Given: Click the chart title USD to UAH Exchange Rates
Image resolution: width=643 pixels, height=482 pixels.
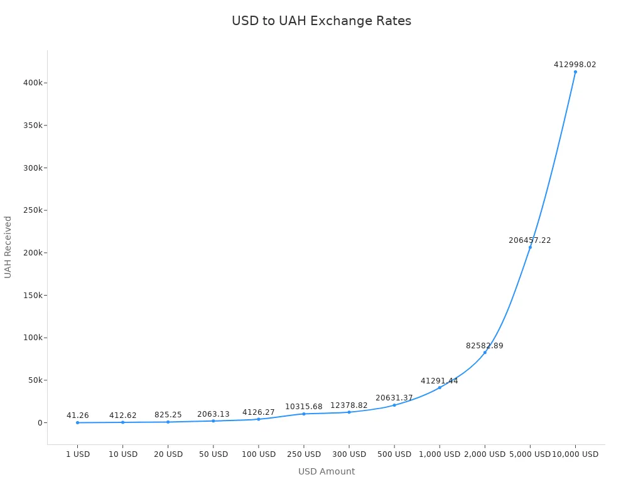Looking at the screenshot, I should (x=321, y=21).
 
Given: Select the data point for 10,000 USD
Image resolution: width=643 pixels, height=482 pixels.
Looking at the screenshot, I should (x=575, y=72).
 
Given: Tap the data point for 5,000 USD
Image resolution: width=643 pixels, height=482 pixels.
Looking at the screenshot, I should (x=530, y=247).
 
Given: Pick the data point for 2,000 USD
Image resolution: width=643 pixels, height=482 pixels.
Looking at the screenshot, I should (x=485, y=352).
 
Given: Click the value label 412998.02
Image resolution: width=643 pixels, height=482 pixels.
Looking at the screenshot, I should (x=575, y=65).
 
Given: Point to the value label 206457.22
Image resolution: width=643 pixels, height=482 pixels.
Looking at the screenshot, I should (x=530, y=240).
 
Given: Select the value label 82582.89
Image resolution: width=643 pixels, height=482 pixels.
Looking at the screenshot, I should (x=485, y=346).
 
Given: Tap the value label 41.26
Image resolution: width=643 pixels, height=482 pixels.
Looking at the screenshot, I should (x=78, y=415).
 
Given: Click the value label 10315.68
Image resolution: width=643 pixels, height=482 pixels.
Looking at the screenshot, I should (x=304, y=407).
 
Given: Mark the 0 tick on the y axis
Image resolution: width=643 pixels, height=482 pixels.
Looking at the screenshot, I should (x=40, y=422).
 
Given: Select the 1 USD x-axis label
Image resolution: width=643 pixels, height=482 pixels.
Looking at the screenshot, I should (x=78, y=454).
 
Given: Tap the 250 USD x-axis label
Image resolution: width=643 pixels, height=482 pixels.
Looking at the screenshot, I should (x=304, y=454).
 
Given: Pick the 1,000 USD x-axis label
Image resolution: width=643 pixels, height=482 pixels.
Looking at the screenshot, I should (x=440, y=454).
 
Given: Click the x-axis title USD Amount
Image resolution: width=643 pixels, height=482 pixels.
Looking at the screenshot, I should (x=327, y=471).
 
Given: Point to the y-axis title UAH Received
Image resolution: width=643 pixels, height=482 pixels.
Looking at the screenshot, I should (x=8, y=247).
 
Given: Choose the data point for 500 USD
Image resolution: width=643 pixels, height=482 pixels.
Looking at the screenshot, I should (x=394, y=405).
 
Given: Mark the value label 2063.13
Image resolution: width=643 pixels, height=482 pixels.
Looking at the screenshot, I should (x=213, y=414).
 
